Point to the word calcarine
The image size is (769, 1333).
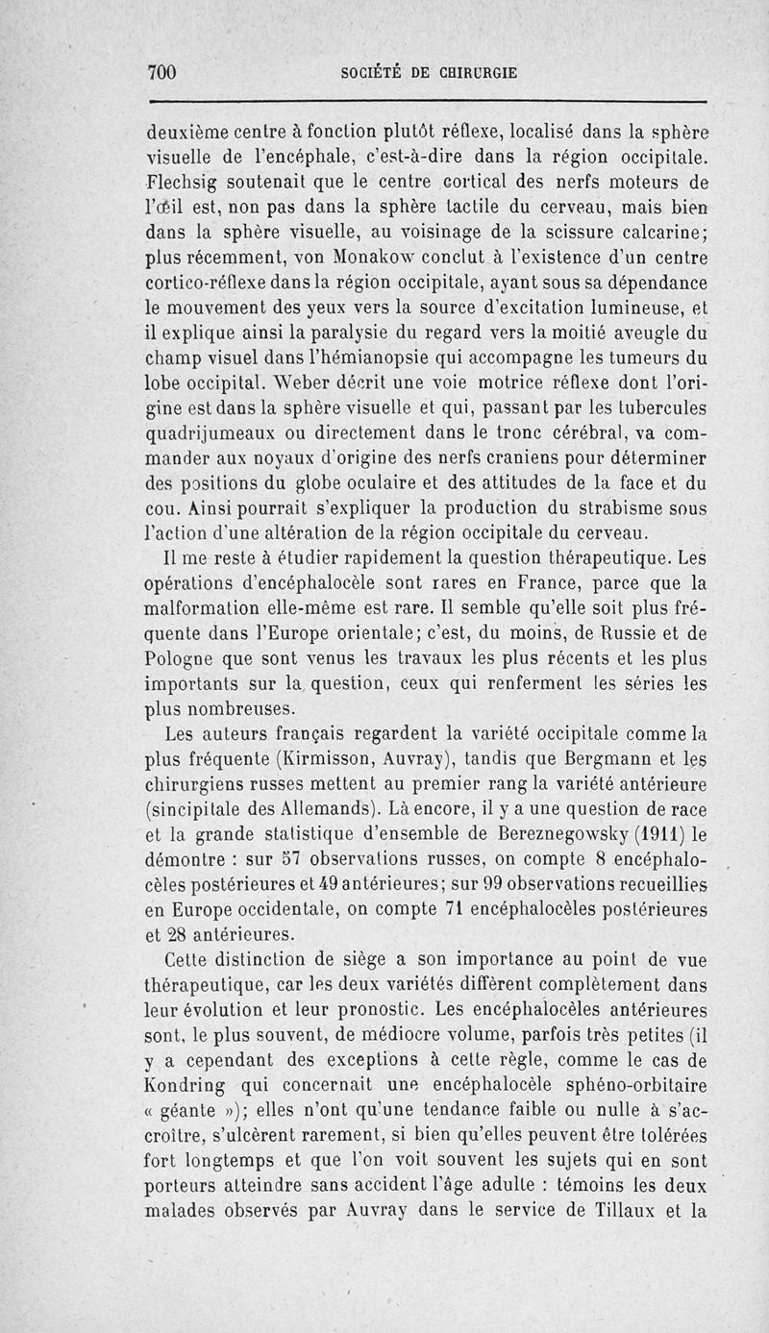tap(657, 232)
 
